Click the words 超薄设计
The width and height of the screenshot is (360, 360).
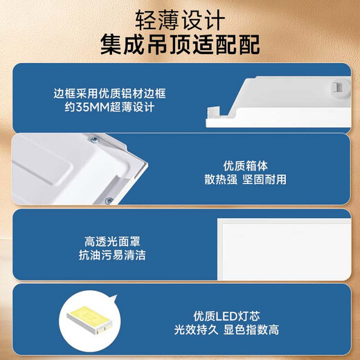[x=135, y=108]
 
